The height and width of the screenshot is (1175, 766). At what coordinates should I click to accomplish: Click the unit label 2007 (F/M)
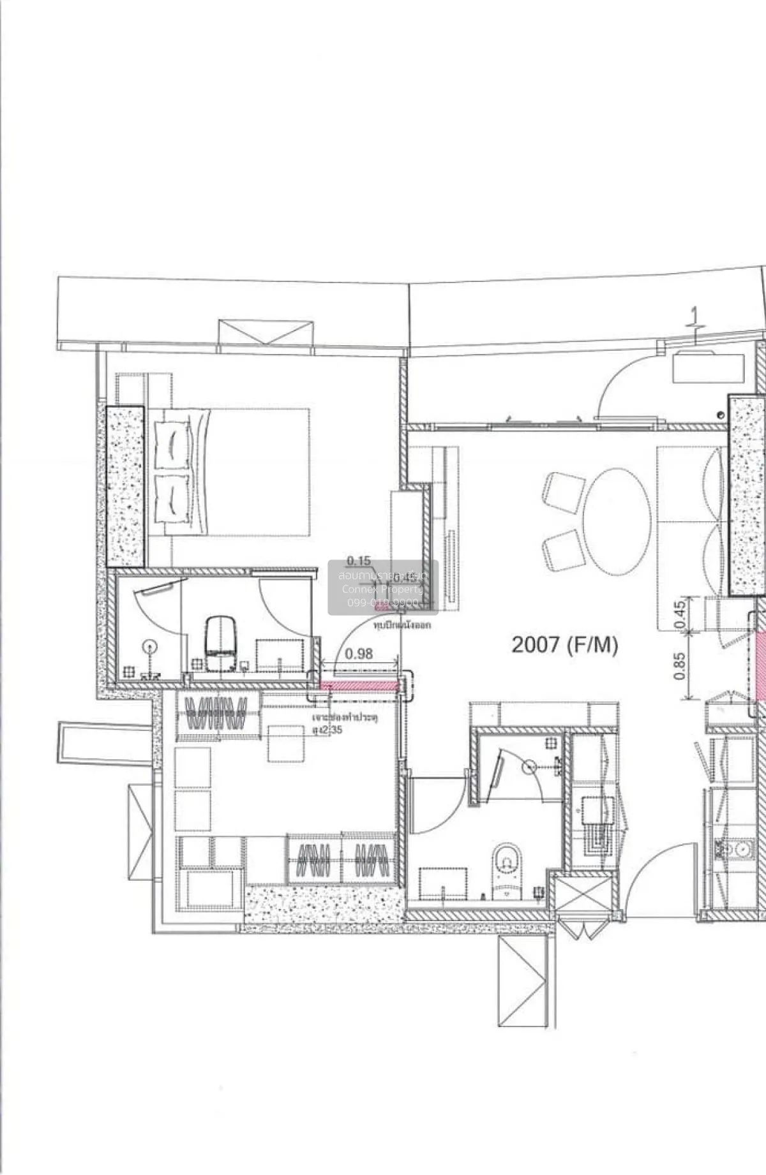coord(565,645)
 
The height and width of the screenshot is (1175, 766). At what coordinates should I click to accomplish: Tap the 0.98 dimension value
coord(358,653)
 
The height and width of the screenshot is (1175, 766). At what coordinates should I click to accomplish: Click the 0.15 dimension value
coord(359,561)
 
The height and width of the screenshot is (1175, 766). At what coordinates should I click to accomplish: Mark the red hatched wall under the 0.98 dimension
coord(359,686)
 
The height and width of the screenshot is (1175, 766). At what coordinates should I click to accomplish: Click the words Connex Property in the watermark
coord(382,589)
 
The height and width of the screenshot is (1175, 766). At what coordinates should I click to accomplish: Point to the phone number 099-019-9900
coord(382,603)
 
